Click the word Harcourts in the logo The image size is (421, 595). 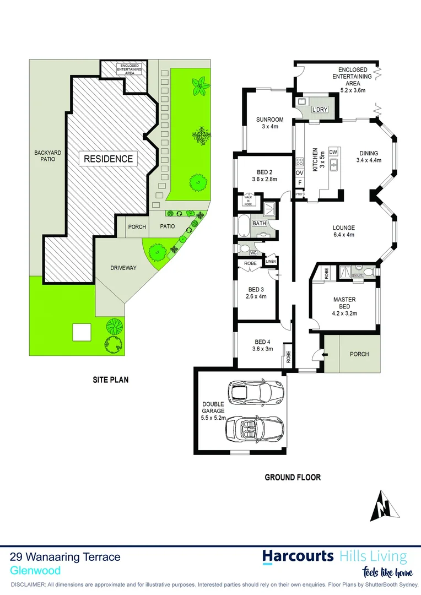[298, 556]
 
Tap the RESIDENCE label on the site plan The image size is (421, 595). [108, 159]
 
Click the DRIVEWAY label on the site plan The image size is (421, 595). [123, 268]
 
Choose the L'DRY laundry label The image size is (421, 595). [320, 110]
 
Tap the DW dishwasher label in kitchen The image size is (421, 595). [333, 152]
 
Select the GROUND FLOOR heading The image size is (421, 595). [293, 478]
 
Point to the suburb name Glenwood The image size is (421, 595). [35, 571]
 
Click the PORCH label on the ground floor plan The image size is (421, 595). [359, 354]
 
